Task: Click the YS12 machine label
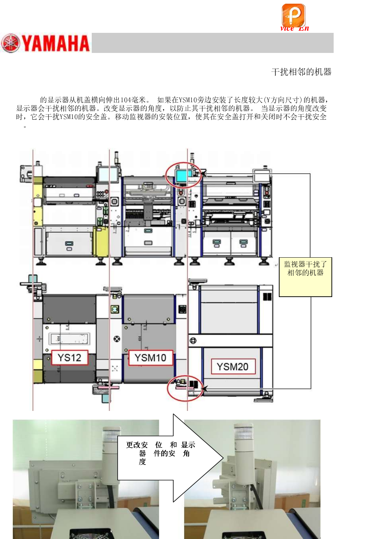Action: tap(69, 358)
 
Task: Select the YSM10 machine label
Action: tap(150, 358)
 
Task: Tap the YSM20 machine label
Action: tap(233, 366)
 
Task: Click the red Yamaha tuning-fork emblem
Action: tap(11, 43)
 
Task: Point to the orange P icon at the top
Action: tap(293, 15)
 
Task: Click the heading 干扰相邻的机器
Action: tap(301, 72)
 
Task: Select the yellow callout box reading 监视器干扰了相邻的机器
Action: tap(305, 277)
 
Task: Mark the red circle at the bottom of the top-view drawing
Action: tap(185, 388)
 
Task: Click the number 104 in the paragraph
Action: tap(126, 100)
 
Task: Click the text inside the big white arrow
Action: tap(161, 453)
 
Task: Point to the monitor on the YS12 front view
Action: tap(107, 174)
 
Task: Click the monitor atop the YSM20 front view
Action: tap(262, 176)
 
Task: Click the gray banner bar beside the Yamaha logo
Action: tap(212, 43)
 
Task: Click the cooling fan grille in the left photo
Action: tap(87, 534)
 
